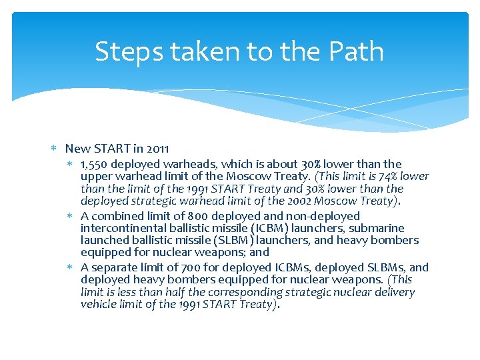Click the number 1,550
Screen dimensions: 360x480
click(95, 164)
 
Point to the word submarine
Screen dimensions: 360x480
click(377, 228)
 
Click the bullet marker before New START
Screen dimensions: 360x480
click(58, 148)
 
